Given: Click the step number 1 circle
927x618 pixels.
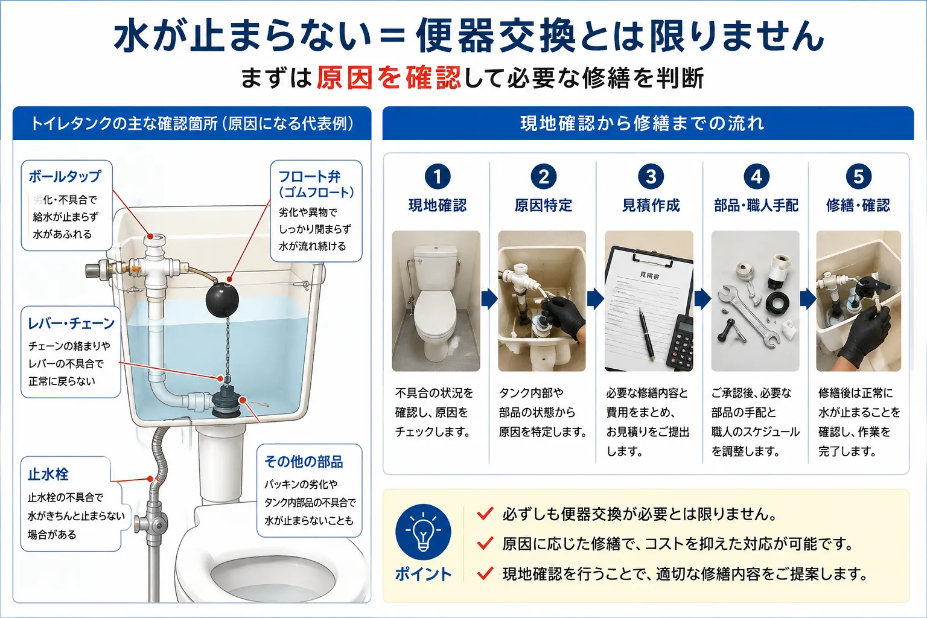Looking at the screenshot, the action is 438,177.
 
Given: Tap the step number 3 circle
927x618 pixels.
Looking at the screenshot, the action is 651,177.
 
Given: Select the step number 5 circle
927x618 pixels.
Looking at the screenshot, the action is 858,177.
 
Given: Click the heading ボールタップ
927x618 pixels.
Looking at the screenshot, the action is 65,176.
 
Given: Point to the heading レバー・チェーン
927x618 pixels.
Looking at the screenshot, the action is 71,323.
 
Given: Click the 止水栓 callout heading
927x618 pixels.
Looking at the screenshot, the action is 48,474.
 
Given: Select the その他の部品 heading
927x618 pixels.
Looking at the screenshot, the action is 304,462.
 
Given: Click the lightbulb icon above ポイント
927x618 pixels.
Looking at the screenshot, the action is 423,532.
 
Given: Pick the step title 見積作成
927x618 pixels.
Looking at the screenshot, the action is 651,205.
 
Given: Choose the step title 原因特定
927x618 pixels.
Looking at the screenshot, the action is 543,205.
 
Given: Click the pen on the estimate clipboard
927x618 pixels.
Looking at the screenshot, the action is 647,334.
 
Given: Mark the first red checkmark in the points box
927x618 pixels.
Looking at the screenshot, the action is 485,513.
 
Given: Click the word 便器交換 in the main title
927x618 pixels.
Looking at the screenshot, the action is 495,36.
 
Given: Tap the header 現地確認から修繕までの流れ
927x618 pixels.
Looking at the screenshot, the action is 642,123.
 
